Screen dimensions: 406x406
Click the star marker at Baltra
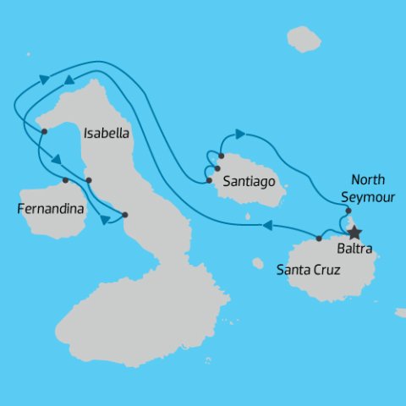(354, 232)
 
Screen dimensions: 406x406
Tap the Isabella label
(105, 133)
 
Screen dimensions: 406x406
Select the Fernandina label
(51, 205)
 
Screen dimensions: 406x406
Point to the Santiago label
(248, 181)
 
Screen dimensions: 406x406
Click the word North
(368, 179)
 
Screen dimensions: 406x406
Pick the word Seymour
(367, 195)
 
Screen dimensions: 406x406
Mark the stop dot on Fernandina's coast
(65, 179)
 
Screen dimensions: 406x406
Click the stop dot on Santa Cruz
(319, 239)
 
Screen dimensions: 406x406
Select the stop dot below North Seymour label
(348, 211)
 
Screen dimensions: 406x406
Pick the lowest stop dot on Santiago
(208, 180)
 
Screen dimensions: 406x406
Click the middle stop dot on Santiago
(217, 167)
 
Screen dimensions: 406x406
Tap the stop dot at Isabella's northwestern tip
(44, 131)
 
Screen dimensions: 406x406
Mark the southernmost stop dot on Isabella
(124, 214)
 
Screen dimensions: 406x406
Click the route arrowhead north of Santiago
(240, 134)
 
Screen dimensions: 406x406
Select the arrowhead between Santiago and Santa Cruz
(266, 225)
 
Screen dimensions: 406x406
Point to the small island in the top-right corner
(304, 38)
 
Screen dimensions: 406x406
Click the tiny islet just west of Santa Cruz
(258, 263)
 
